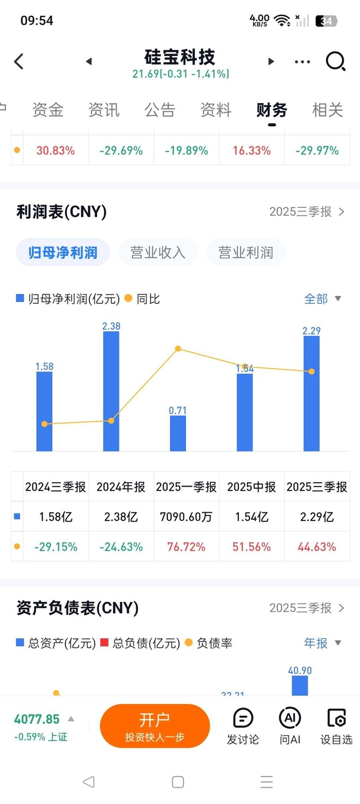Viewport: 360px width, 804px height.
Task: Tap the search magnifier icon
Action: click(x=335, y=62)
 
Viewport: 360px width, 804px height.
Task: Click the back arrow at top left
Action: click(x=19, y=62)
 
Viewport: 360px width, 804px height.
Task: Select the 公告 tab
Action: click(x=160, y=110)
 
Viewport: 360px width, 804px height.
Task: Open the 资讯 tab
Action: click(x=104, y=110)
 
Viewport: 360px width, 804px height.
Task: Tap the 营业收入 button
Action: click(x=158, y=253)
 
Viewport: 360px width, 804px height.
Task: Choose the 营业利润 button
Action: click(x=245, y=253)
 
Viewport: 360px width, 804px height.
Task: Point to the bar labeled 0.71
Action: click(x=178, y=433)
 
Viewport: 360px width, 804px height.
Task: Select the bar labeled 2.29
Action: click(x=311, y=393)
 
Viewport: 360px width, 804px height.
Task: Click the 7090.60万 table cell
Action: click(x=187, y=517)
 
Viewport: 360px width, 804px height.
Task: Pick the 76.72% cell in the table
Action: click(x=187, y=547)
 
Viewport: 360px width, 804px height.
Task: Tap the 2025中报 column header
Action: click(x=251, y=487)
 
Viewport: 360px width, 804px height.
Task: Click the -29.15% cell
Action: click(x=56, y=547)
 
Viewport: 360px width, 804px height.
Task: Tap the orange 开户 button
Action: click(x=155, y=725)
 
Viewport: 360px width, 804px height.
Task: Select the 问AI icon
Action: click(x=290, y=725)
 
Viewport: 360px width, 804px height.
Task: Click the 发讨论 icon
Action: click(x=243, y=725)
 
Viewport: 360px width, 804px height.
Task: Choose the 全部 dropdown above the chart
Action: click(x=322, y=299)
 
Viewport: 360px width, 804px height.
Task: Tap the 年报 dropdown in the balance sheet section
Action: click(x=322, y=643)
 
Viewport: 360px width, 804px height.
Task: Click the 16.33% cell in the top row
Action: click(x=251, y=151)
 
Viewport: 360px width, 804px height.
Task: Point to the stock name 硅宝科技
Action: click(x=180, y=57)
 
